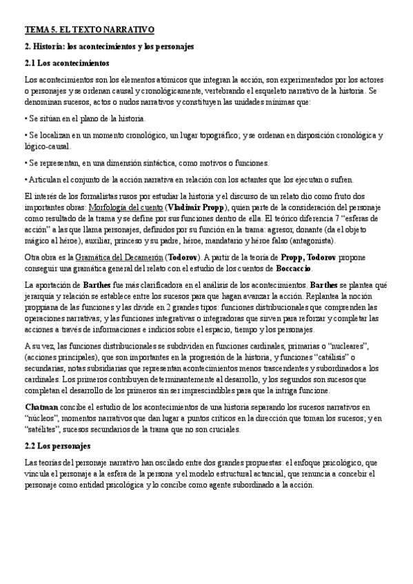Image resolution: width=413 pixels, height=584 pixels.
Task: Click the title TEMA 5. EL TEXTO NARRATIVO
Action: (x=89, y=30)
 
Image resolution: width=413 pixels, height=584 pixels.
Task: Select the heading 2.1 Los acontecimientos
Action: (x=63, y=63)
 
